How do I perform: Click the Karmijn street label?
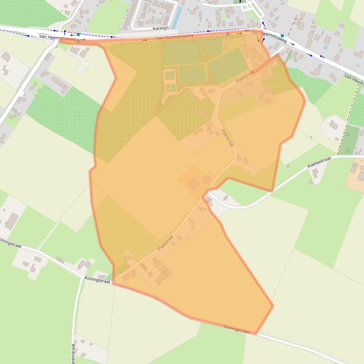[160, 28]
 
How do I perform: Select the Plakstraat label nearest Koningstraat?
[166, 243]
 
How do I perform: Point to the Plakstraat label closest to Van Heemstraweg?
[245, 77]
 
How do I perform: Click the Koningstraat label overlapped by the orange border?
[236, 329]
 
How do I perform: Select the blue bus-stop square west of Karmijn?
[78, 35]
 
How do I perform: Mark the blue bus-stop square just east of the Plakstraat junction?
[282, 36]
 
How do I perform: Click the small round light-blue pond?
[325, 48]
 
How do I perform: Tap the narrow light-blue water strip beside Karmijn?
[177, 18]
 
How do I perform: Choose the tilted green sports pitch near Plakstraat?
[228, 65]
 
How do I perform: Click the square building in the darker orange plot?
[193, 183]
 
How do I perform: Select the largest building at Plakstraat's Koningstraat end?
[163, 274]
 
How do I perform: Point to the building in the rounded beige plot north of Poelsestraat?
[333, 125]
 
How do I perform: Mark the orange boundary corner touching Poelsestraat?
[272, 191]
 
